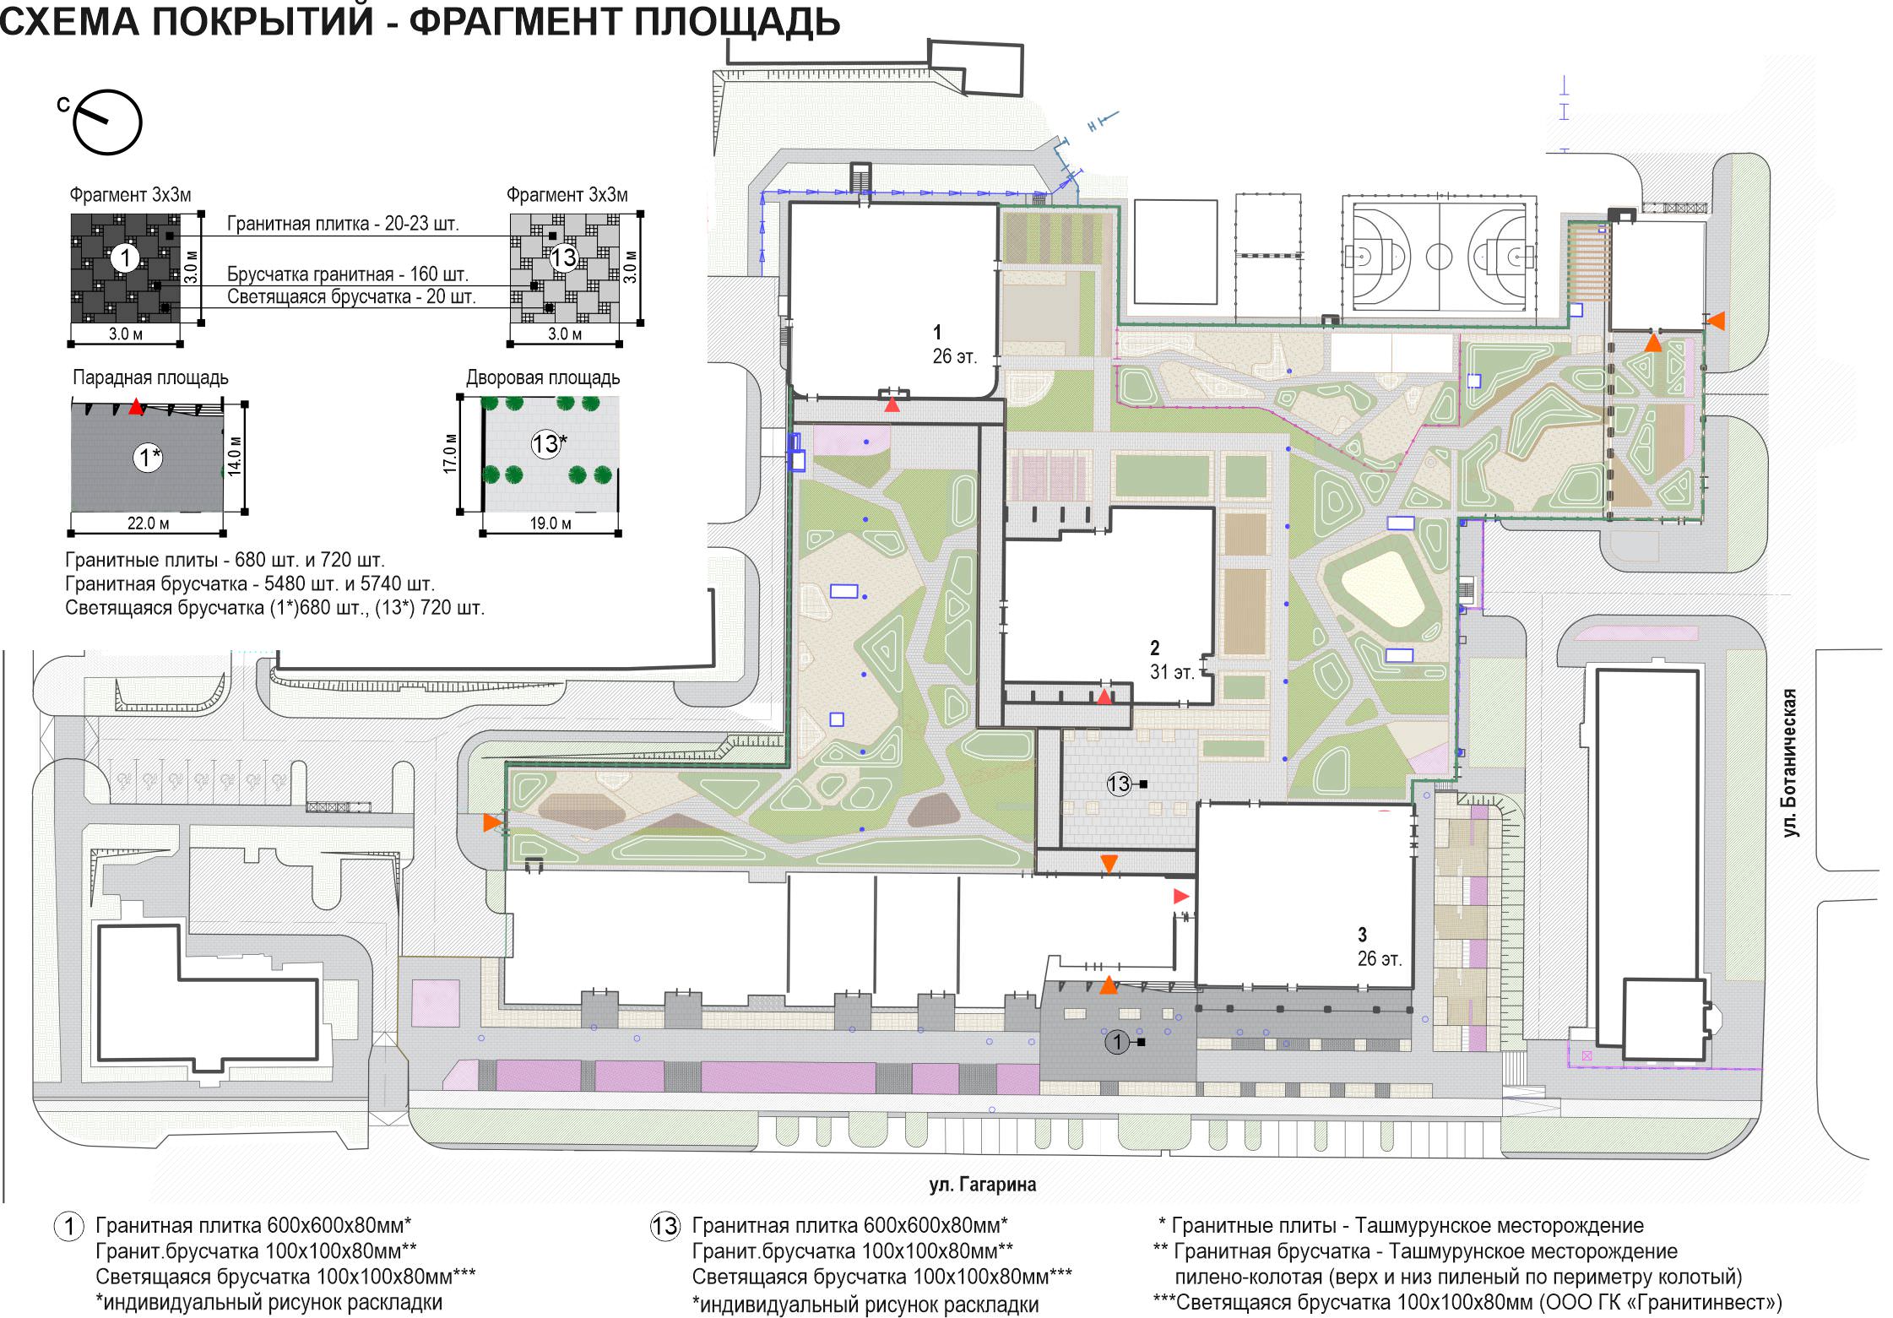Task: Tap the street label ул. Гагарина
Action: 982,1185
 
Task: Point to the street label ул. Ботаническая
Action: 1789,762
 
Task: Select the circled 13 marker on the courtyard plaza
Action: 1119,784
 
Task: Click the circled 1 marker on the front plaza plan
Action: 1117,1042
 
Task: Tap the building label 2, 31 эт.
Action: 1172,660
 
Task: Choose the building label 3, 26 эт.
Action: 1379,946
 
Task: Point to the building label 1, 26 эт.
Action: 954,344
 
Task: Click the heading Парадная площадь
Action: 150,377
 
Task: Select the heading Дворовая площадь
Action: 543,377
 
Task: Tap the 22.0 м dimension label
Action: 148,523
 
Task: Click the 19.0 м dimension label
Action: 551,523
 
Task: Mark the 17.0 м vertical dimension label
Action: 451,453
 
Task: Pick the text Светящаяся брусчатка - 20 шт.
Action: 351,296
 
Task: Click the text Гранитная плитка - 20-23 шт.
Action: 343,224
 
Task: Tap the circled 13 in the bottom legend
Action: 664,1226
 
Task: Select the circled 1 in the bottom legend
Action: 69,1226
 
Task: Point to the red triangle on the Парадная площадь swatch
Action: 136,407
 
